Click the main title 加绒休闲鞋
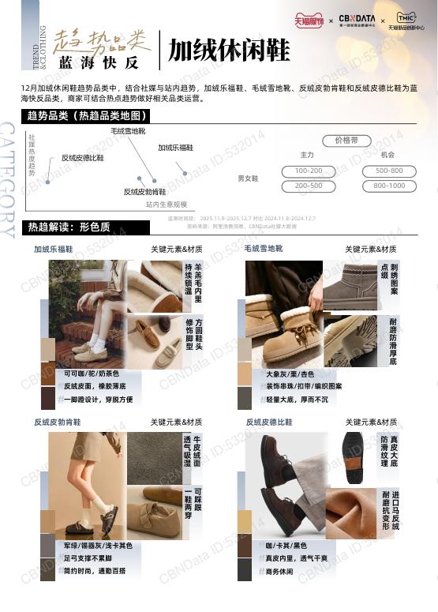click(x=229, y=51)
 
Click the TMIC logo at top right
click(x=406, y=21)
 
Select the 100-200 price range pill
click(x=309, y=171)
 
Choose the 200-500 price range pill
click(x=309, y=186)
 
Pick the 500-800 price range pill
click(x=389, y=171)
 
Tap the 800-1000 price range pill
click(x=389, y=186)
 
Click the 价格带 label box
click(x=352, y=141)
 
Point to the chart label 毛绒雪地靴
click(x=128, y=130)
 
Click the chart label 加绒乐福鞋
click(x=176, y=148)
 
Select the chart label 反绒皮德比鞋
click(x=83, y=158)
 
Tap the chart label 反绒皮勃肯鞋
click(x=144, y=192)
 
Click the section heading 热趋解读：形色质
click(x=69, y=227)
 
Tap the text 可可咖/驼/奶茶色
click(x=92, y=374)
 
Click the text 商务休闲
click(x=279, y=571)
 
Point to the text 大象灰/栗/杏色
click(x=290, y=374)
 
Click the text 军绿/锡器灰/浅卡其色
click(x=98, y=546)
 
